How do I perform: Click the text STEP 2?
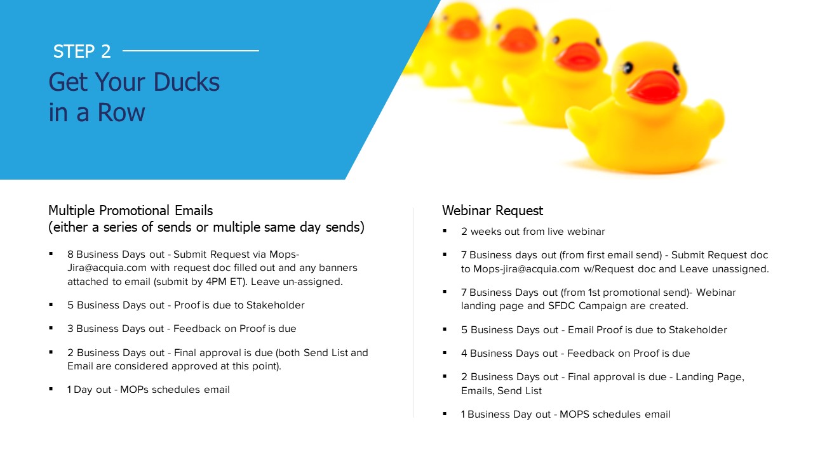tap(82, 51)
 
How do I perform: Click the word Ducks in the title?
tap(187, 82)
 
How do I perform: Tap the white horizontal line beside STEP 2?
tap(191, 51)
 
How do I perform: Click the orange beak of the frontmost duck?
tap(654, 87)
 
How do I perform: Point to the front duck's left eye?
tap(628, 67)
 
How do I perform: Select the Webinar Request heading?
tap(492, 210)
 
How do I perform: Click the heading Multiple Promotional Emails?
tap(131, 210)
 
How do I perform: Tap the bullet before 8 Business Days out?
tap(51, 255)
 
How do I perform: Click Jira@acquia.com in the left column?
tap(107, 268)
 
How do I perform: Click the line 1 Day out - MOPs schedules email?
tap(149, 390)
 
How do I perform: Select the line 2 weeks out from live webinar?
tap(533, 232)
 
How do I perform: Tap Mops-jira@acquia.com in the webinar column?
tap(527, 269)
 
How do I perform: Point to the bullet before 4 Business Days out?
tap(445, 353)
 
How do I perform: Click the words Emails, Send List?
tap(501, 391)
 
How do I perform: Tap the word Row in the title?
tap(121, 112)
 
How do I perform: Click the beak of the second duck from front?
tap(577, 56)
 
